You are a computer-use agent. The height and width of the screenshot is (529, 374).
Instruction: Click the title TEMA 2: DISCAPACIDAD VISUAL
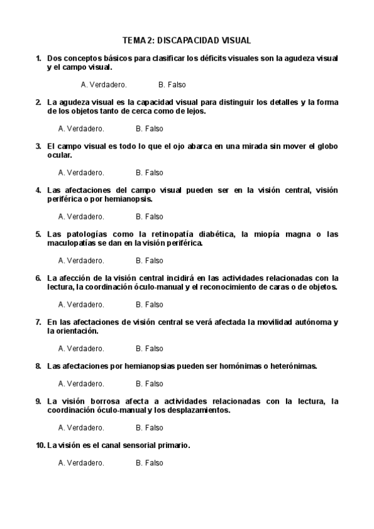(x=187, y=41)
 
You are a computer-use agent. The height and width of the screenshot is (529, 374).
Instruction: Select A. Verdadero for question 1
(x=104, y=85)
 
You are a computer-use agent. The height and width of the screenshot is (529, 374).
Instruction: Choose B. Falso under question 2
(x=149, y=129)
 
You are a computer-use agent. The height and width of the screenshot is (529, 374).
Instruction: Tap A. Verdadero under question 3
(x=81, y=173)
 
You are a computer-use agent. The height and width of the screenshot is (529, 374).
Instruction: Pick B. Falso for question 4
(x=149, y=217)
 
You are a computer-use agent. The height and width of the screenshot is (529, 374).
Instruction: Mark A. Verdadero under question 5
(x=81, y=261)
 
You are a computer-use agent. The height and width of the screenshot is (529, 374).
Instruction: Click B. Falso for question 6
(x=149, y=305)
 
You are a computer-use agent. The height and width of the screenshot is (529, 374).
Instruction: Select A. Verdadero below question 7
(x=81, y=349)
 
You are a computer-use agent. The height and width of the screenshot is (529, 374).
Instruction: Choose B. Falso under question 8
(x=149, y=384)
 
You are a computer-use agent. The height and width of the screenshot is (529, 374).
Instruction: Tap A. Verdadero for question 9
(x=81, y=428)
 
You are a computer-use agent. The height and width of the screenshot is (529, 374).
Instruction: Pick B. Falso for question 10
(x=149, y=463)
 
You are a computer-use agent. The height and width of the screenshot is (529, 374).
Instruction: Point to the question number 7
(x=39, y=323)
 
